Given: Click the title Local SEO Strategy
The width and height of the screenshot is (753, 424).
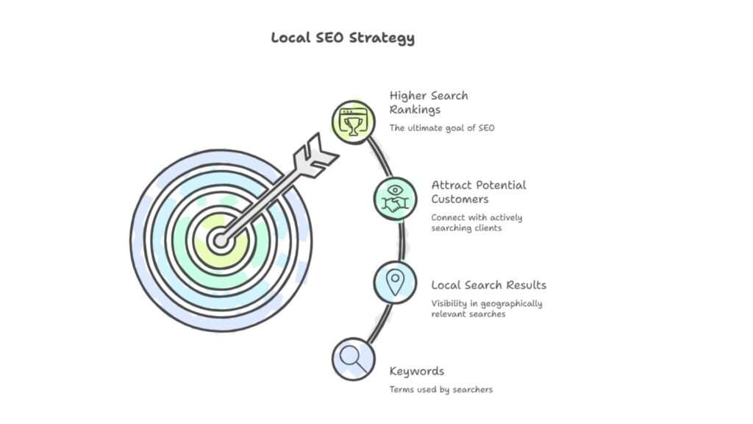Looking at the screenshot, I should [x=343, y=38].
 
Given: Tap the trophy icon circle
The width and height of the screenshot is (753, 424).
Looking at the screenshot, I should [x=353, y=121].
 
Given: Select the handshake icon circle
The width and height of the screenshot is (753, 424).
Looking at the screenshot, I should [x=395, y=198].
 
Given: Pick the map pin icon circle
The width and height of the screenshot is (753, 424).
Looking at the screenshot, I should [x=395, y=282].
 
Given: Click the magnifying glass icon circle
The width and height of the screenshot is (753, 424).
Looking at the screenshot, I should [x=353, y=358].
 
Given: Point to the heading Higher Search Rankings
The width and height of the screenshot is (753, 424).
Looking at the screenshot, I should [x=429, y=102].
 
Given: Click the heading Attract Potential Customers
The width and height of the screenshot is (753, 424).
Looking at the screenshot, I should [x=479, y=191].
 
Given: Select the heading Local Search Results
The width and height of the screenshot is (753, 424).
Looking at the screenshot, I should [x=488, y=285].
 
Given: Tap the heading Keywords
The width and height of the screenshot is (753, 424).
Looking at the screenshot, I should [x=416, y=371].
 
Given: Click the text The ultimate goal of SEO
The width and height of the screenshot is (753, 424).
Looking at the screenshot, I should [x=442, y=128].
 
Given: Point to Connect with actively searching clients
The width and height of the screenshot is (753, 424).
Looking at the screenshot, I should [x=477, y=222].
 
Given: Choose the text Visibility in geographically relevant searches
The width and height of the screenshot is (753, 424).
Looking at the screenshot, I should [x=486, y=309].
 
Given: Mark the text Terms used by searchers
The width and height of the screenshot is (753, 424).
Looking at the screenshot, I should [x=440, y=389].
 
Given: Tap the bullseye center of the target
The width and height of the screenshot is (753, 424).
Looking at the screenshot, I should [x=219, y=240].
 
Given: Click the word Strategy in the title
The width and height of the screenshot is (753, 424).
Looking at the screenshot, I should [x=386, y=38].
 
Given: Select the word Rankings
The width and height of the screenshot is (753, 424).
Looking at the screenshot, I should [x=415, y=110].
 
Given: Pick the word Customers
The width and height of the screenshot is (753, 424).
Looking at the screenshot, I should [x=460, y=199].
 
